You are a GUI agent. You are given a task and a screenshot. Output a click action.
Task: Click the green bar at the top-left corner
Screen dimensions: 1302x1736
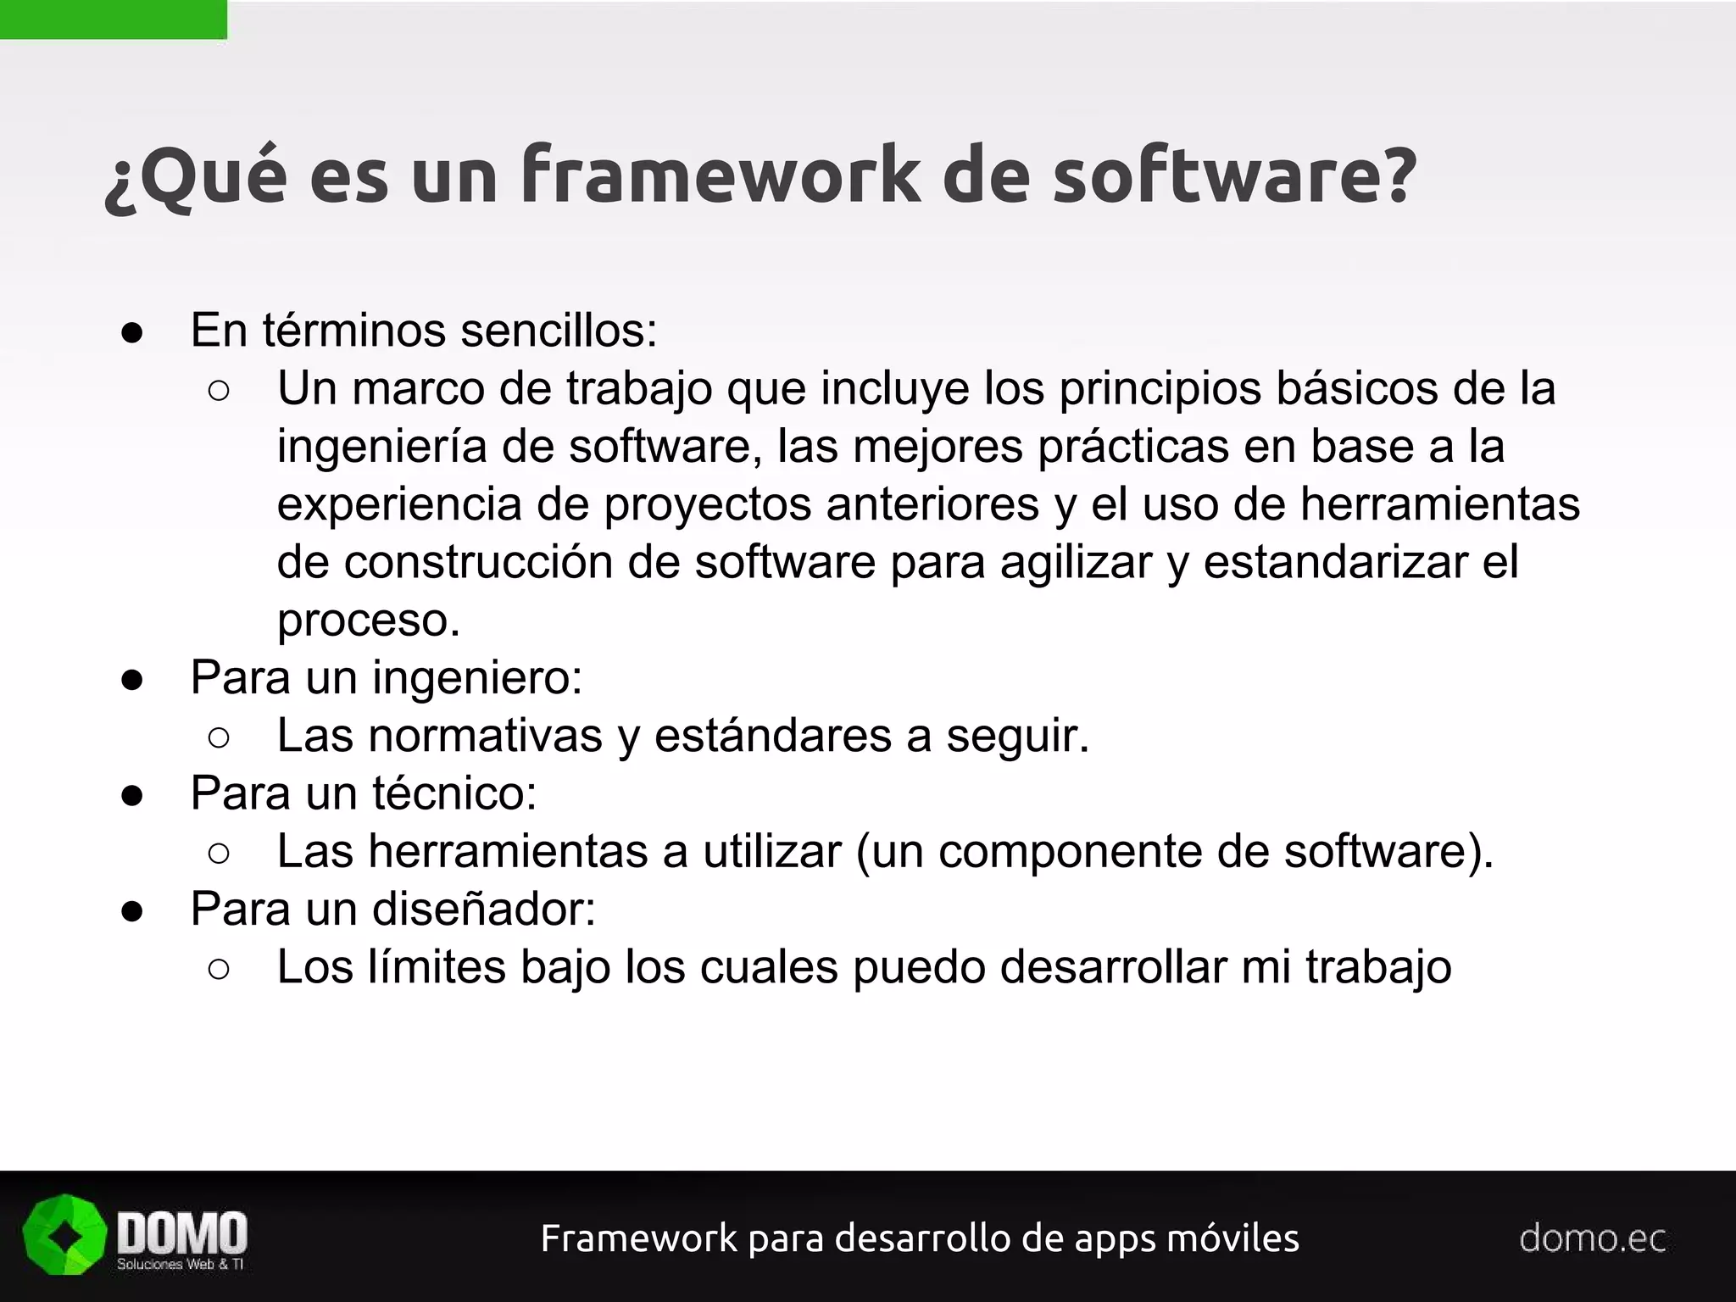[x=113, y=19]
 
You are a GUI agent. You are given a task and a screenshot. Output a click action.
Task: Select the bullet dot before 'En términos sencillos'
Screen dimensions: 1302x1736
[x=132, y=332]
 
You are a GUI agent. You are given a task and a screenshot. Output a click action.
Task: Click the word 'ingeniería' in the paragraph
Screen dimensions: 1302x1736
[x=381, y=447]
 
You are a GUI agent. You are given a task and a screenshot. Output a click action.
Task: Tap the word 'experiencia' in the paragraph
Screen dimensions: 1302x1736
[x=398, y=505]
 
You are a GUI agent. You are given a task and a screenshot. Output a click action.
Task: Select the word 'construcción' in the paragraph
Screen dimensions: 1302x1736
[x=478, y=562]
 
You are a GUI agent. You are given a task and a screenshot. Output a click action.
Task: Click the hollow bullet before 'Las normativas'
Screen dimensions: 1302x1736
[x=218, y=737]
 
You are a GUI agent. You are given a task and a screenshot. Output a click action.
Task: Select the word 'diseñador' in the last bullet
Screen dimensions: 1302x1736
[x=483, y=910]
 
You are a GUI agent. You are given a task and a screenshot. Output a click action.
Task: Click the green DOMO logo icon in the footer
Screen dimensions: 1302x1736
[x=64, y=1234]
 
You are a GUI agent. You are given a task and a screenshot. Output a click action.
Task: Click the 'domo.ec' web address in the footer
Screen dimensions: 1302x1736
[x=1592, y=1238]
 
